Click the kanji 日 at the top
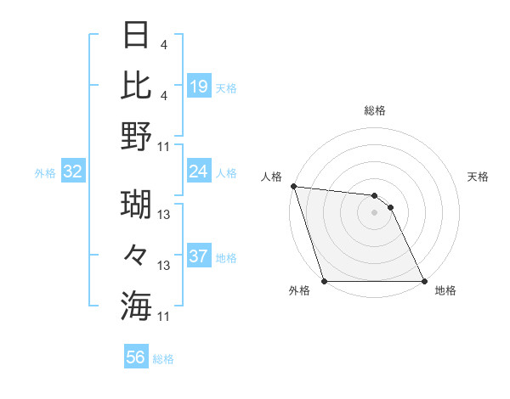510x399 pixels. (136, 36)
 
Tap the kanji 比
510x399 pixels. (136, 85)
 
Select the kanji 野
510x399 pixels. (136, 137)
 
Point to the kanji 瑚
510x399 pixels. (136, 205)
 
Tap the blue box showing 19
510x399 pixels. (199, 86)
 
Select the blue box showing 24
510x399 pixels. (199, 171)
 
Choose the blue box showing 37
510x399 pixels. (199, 256)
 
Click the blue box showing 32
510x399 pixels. (73, 171)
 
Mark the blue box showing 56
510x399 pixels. (136, 357)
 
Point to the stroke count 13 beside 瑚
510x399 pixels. (165, 216)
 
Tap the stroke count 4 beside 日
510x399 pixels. (162, 45)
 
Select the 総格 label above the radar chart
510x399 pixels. (374, 110)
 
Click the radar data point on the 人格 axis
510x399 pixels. (293, 186)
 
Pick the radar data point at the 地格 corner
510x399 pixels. (423, 280)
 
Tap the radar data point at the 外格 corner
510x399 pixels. (324, 280)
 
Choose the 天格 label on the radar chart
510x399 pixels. (479, 177)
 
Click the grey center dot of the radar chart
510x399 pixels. (374, 212)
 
